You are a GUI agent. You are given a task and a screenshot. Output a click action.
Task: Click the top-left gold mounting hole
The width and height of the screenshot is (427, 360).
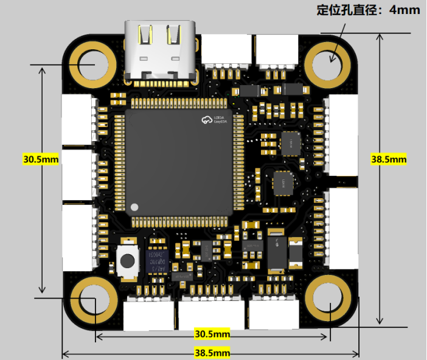[93, 63]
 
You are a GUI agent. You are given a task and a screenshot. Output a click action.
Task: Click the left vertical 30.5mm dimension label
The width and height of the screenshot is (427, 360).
[41, 159]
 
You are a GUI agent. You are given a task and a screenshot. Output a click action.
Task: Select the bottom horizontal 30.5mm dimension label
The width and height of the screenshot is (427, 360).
[212, 334]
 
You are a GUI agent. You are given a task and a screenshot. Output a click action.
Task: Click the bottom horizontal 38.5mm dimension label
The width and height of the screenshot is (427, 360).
[212, 352]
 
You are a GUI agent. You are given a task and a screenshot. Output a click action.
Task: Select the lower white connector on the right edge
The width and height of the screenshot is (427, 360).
[343, 229]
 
